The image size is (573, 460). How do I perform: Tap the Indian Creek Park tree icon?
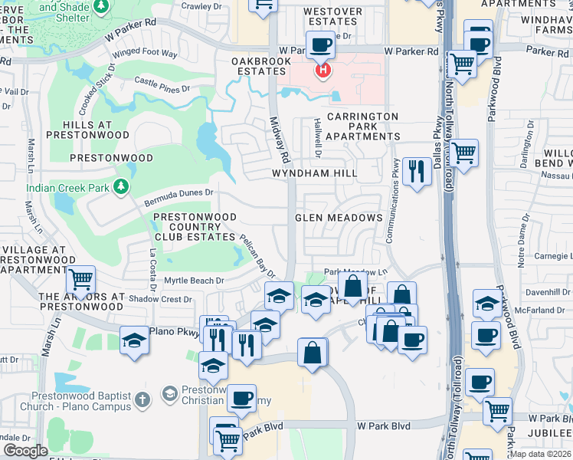click(x=120, y=186)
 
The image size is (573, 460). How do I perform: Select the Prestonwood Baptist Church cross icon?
click(x=142, y=399)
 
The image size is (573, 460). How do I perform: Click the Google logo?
click(x=25, y=451)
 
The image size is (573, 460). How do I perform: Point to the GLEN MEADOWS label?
click(x=339, y=218)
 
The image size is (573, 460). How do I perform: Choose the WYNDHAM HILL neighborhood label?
click(x=314, y=174)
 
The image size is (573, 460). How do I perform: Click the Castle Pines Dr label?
click(x=162, y=84)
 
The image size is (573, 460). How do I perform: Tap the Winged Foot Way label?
click(x=145, y=54)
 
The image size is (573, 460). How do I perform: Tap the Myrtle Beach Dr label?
click(x=194, y=281)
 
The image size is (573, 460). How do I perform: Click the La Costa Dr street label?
click(x=152, y=261)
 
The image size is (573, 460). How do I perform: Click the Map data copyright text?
click(x=541, y=453)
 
